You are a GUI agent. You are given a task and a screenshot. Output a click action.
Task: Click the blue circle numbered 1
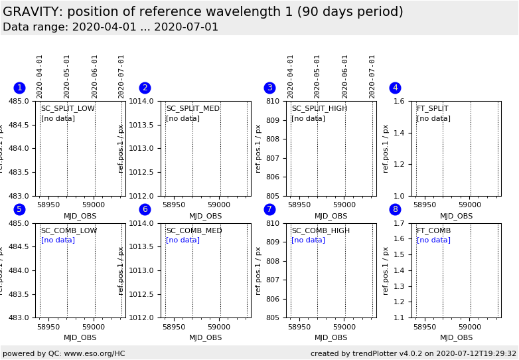pyautogui.click(x=19, y=88)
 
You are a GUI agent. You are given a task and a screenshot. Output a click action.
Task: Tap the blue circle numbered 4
pyautogui.click(x=395, y=88)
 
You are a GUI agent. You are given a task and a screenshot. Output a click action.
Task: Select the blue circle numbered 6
pyautogui.click(x=145, y=209)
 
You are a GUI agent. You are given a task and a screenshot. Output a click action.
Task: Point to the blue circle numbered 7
pyautogui.click(x=269, y=209)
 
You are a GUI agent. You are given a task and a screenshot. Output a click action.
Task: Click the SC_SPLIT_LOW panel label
pyautogui.click(x=68, y=109)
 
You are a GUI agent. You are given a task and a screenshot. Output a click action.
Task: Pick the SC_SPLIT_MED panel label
pyautogui.click(x=192, y=109)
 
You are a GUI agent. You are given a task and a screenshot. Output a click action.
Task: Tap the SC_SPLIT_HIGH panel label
pyautogui.click(x=319, y=109)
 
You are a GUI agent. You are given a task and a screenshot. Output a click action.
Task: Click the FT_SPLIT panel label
pyautogui.click(x=432, y=109)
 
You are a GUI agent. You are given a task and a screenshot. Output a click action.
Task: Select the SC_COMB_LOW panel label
pyautogui.click(x=69, y=231)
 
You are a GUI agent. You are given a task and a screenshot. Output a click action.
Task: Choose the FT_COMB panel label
pyautogui.click(x=433, y=231)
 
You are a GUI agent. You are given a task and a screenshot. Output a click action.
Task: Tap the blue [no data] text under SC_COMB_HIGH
pyautogui.click(x=308, y=240)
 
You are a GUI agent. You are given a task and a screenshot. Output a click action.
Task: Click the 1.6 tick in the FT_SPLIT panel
pyautogui.click(x=401, y=101)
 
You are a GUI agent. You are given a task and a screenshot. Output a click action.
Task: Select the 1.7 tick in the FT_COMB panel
pyautogui.click(x=401, y=223)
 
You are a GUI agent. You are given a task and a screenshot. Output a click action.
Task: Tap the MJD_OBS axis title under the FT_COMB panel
pyautogui.click(x=456, y=338)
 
